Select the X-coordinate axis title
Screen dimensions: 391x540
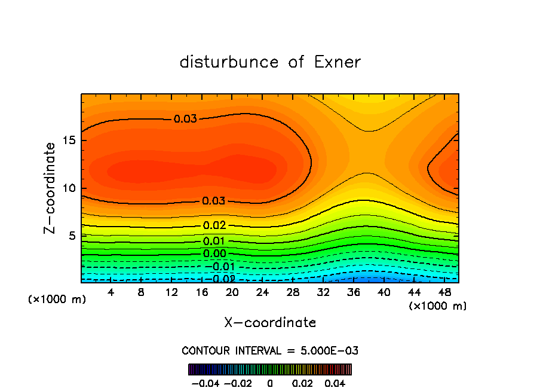coord(270,323)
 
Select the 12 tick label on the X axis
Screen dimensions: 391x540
coord(171,292)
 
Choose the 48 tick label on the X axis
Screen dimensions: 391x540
coord(445,292)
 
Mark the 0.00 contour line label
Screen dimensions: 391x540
coord(214,254)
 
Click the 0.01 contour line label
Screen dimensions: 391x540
coord(214,241)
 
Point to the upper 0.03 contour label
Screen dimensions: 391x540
coord(185,119)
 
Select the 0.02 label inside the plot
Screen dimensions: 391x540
coord(214,225)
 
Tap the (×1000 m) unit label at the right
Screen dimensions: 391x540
coord(438,306)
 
